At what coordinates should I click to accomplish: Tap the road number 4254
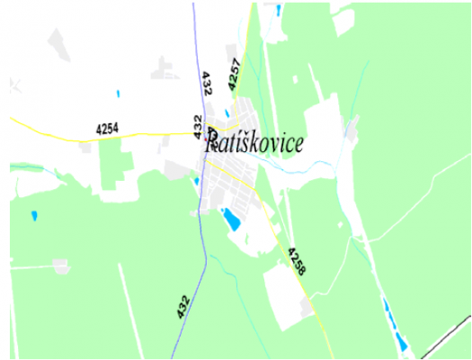click(x=108, y=129)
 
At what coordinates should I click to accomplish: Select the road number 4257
click(x=236, y=74)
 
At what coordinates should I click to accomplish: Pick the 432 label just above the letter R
click(x=198, y=125)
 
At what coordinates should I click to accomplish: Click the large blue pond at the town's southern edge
click(x=231, y=218)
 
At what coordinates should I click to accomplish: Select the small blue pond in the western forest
click(x=34, y=216)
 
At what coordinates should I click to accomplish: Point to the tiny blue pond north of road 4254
click(x=118, y=93)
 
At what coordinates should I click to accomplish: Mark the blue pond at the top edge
click(x=278, y=10)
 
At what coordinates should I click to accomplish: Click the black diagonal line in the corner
click(x=445, y=337)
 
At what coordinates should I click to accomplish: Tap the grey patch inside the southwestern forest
click(x=60, y=266)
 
